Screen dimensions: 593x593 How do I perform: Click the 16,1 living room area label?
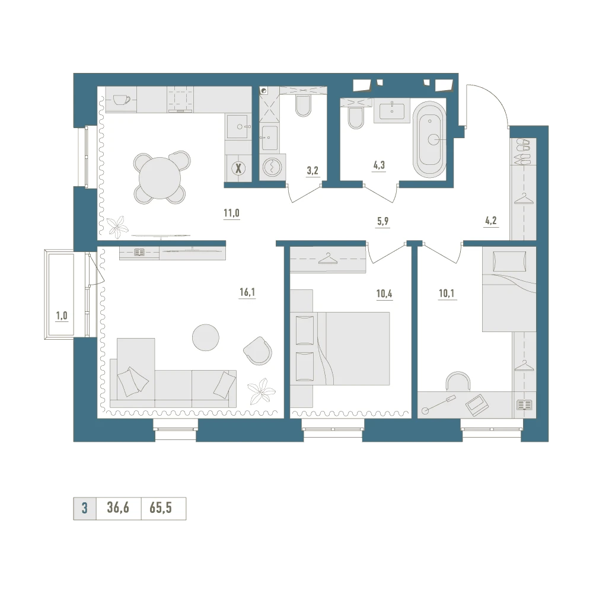(247, 292)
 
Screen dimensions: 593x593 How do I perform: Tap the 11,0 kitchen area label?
(231, 213)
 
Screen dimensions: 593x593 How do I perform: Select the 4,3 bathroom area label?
(379, 165)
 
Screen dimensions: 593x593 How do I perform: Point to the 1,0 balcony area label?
(62, 316)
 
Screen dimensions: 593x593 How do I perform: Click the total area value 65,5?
(161, 508)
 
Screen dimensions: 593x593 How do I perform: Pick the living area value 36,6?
(118, 508)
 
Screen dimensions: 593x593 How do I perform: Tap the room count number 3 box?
(85, 508)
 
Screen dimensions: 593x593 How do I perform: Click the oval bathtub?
(429, 139)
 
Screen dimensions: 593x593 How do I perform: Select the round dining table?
(160, 178)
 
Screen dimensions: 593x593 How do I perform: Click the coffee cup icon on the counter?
(122, 100)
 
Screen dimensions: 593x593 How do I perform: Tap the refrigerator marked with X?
(238, 168)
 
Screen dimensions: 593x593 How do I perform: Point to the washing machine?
(272, 167)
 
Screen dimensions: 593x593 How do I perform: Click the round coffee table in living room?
(205, 337)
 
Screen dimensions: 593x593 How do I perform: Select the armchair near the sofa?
(257, 350)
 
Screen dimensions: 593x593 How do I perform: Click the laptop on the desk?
(477, 405)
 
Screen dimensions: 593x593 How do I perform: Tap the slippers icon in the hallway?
(524, 151)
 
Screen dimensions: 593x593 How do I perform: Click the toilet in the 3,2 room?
(303, 106)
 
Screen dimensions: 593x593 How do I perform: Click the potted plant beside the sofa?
(261, 391)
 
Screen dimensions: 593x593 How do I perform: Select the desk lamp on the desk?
(439, 404)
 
